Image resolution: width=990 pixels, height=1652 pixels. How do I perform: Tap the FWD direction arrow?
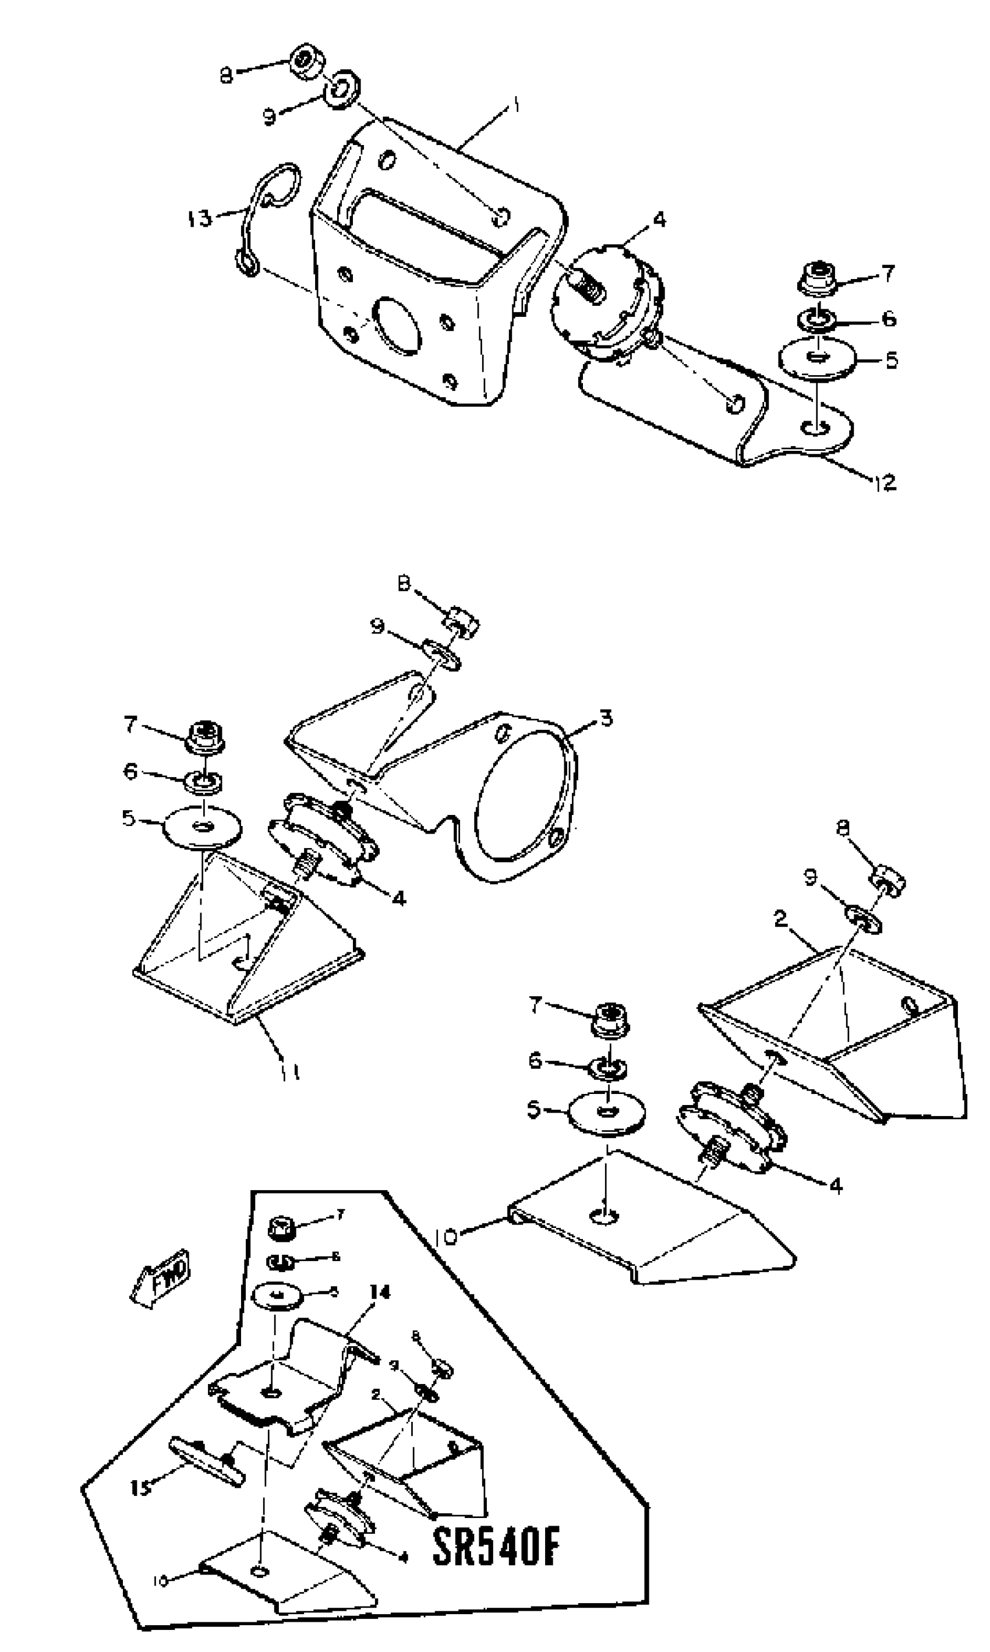[161, 1277]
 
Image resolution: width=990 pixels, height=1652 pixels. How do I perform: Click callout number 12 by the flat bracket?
[883, 482]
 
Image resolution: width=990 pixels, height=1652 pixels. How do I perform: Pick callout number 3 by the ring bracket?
[604, 719]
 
